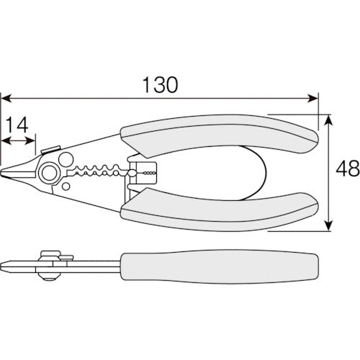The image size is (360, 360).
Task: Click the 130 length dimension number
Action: click(160, 85)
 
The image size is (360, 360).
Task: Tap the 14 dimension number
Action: click(17, 125)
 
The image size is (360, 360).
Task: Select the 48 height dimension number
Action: click(348, 168)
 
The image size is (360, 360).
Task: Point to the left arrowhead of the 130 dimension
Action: click(6, 99)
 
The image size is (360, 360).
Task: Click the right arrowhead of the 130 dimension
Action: click(312, 99)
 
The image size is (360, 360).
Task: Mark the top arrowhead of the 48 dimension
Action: click(328, 120)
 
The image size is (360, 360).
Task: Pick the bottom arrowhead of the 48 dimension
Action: click(328, 226)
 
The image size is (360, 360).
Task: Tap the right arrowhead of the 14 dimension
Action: click(30, 141)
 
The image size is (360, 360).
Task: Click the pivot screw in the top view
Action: click(50, 173)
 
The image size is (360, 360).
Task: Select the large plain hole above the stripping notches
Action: click(66, 159)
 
